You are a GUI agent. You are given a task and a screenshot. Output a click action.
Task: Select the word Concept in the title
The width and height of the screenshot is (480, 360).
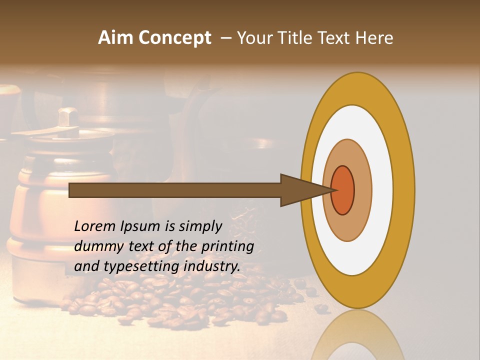click(x=174, y=38)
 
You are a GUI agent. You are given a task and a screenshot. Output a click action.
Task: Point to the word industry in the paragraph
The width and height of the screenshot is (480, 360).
click(x=212, y=266)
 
